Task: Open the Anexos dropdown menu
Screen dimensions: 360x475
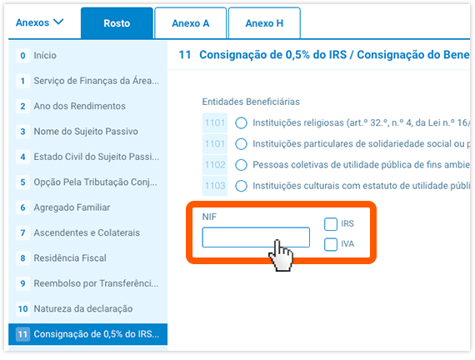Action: [40, 22]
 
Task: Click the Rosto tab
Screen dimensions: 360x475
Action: [117, 23]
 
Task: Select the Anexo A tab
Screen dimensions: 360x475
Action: [190, 23]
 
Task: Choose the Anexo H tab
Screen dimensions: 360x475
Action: [264, 23]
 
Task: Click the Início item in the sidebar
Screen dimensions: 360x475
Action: [45, 55]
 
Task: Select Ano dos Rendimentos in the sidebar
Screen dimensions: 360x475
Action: [79, 107]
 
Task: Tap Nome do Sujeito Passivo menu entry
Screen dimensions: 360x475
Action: [85, 132]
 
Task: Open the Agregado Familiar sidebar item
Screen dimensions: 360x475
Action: [72, 207]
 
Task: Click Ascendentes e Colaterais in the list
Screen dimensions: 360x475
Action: [87, 232]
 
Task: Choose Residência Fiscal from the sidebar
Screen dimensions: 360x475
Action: [70, 258]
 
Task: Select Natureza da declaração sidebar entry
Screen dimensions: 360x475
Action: [82, 309]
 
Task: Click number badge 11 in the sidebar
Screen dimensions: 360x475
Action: [22, 334]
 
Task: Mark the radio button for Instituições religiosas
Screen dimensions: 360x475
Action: [241, 122]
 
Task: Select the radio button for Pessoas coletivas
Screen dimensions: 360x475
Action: [241, 165]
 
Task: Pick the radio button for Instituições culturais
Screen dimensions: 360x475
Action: [241, 186]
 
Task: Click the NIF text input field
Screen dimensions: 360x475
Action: [256, 238]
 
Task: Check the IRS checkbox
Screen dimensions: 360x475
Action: [331, 224]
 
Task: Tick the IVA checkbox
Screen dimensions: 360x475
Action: [331, 244]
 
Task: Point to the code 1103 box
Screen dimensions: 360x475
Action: [215, 186]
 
